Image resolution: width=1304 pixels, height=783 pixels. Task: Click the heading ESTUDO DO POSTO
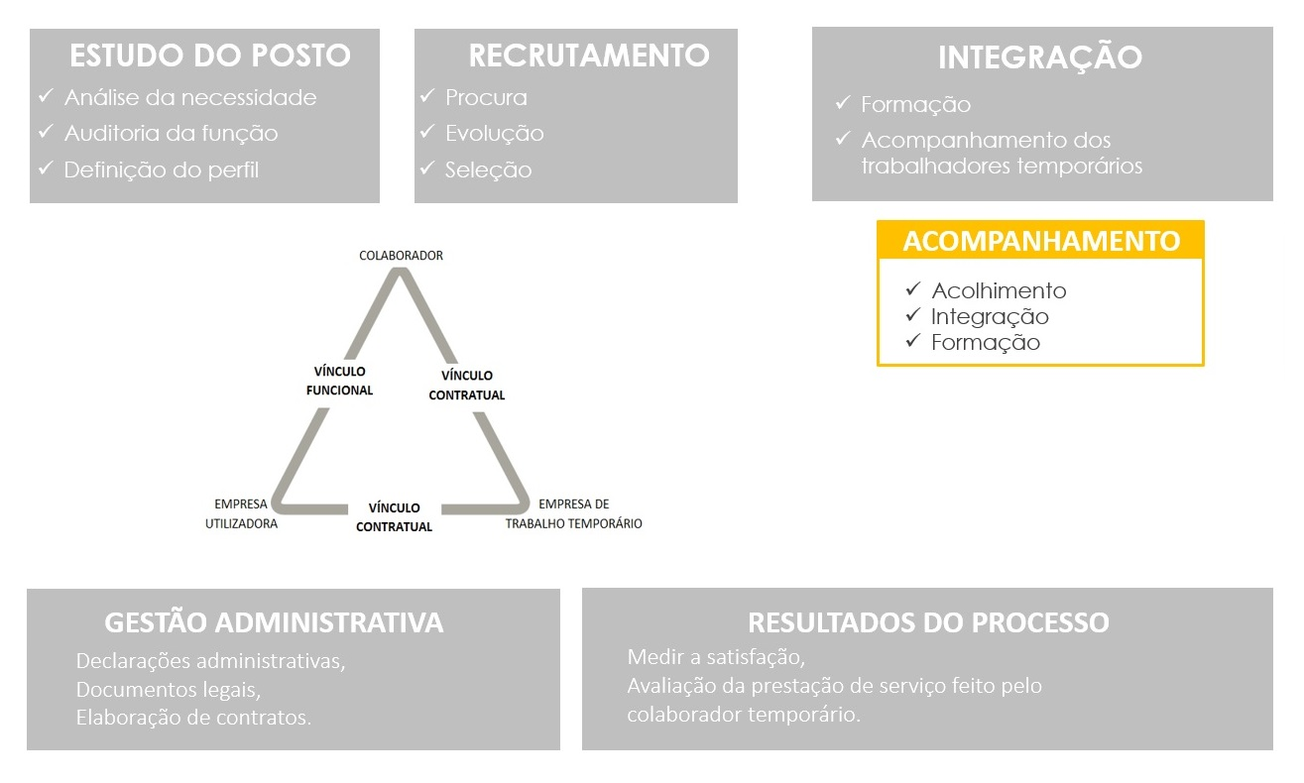click(x=210, y=56)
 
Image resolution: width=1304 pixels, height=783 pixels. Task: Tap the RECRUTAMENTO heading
click(x=589, y=56)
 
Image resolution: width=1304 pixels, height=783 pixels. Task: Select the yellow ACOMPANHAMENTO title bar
click(x=1040, y=240)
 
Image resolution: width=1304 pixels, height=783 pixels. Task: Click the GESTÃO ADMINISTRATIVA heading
click(x=274, y=621)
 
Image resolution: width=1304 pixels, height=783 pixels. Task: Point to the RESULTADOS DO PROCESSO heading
click(x=928, y=621)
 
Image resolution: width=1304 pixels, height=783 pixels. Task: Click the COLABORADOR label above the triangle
click(x=401, y=256)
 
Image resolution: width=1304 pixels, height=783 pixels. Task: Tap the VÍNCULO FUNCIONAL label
click(x=339, y=381)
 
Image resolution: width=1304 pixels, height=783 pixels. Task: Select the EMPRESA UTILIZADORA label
click(x=241, y=513)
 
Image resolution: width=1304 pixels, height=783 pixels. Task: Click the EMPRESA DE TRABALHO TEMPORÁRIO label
click(x=573, y=513)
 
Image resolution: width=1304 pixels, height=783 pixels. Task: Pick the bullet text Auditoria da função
click(x=171, y=133)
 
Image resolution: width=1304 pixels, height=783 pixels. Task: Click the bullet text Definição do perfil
click(x=162, y=169)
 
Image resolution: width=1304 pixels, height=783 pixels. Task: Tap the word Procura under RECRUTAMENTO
click(x=486, y=97)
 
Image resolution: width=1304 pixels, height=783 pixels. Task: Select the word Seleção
click(x=489, y=169)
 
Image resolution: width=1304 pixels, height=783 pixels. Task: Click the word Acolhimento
click(x=999, y=290)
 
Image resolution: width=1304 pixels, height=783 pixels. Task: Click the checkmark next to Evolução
click(x=427, y=132)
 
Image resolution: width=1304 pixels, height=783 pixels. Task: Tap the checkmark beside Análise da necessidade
click(x=46, y=95)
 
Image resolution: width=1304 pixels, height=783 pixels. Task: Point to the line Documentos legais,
click(x=169, y=690)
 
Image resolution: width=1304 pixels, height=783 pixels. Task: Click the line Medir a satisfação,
click(x=716, y=657)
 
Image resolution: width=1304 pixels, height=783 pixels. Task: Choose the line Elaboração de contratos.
click(x=193, y=718)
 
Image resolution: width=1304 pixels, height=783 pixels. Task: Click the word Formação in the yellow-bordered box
click(x=985, y=342)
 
